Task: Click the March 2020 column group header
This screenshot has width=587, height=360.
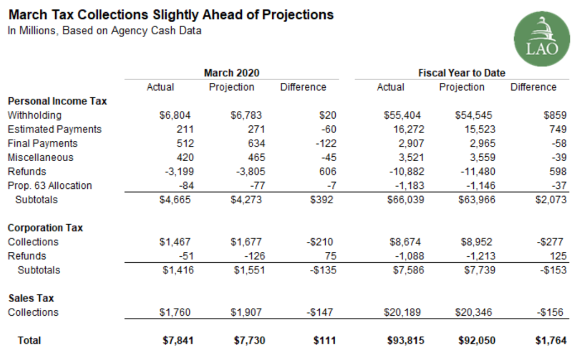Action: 231,73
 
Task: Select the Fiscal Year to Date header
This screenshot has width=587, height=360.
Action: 462,73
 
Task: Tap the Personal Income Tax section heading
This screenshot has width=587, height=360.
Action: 57,101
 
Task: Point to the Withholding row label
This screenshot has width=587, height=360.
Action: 34,115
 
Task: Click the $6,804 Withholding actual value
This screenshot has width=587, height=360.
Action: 174,115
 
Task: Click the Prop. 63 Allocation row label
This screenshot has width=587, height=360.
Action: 50,186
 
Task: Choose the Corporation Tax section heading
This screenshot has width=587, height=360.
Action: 45,227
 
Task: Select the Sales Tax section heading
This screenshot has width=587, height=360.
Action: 31,298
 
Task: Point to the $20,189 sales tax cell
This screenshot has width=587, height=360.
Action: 404,313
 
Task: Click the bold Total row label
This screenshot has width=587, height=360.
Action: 29,341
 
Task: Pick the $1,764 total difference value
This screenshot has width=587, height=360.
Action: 551,341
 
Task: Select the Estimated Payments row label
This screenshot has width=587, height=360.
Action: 55,129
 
